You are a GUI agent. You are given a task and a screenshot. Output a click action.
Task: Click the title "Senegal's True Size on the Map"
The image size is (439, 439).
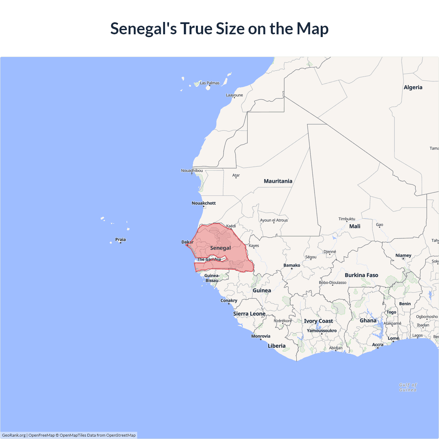219,28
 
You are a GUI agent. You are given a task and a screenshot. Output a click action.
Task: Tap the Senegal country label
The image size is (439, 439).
220,248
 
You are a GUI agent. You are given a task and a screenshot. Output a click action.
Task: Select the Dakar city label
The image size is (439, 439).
187,242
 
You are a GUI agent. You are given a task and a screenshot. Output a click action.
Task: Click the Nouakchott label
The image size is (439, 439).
204,203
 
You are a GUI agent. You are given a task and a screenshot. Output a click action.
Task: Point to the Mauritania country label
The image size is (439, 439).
278,181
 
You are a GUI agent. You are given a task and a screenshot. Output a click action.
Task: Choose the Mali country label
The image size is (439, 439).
355,226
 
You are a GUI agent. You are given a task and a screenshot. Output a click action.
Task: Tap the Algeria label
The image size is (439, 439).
413,87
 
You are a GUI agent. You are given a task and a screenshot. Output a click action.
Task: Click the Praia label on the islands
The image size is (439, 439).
120,239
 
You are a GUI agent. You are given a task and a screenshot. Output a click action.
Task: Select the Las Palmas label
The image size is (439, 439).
210,83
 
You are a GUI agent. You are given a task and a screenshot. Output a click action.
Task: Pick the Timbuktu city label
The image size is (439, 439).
347,219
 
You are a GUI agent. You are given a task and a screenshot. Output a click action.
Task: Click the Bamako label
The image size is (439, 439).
292,265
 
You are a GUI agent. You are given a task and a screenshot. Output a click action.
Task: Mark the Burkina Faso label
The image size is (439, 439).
361,275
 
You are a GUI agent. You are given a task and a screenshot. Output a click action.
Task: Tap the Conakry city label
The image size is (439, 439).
229,300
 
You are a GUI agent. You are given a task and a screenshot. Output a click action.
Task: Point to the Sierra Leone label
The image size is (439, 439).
249,314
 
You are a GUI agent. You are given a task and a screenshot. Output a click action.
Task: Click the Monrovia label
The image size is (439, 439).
261,336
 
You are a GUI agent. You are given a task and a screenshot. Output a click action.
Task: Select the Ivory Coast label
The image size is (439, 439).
318,321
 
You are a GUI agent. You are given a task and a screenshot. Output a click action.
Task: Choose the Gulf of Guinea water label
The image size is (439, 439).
408,387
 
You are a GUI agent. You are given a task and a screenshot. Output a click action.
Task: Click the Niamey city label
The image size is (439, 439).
403,255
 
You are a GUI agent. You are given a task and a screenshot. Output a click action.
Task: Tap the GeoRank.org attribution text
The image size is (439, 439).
14,435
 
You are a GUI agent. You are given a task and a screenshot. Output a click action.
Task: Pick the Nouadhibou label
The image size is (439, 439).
192,170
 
